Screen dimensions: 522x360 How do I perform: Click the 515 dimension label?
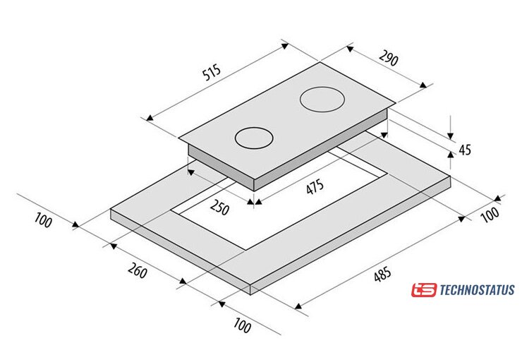[x=212, y=73]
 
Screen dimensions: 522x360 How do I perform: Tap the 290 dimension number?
[x=389, y=59]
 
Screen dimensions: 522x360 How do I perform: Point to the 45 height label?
[x=465, y=150]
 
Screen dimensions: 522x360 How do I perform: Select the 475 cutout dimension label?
[x=315, y=186]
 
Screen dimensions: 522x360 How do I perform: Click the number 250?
[x=219, y=208]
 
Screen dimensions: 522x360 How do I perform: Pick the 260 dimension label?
[x=137, y=270]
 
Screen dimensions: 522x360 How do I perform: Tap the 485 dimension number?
[x=382, y=275]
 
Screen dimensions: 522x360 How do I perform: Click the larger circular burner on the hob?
[x=322, y=100]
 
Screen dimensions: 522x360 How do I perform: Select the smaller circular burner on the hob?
[x=254, y=138]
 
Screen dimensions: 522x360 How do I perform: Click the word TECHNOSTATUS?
[x=477, y=289]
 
